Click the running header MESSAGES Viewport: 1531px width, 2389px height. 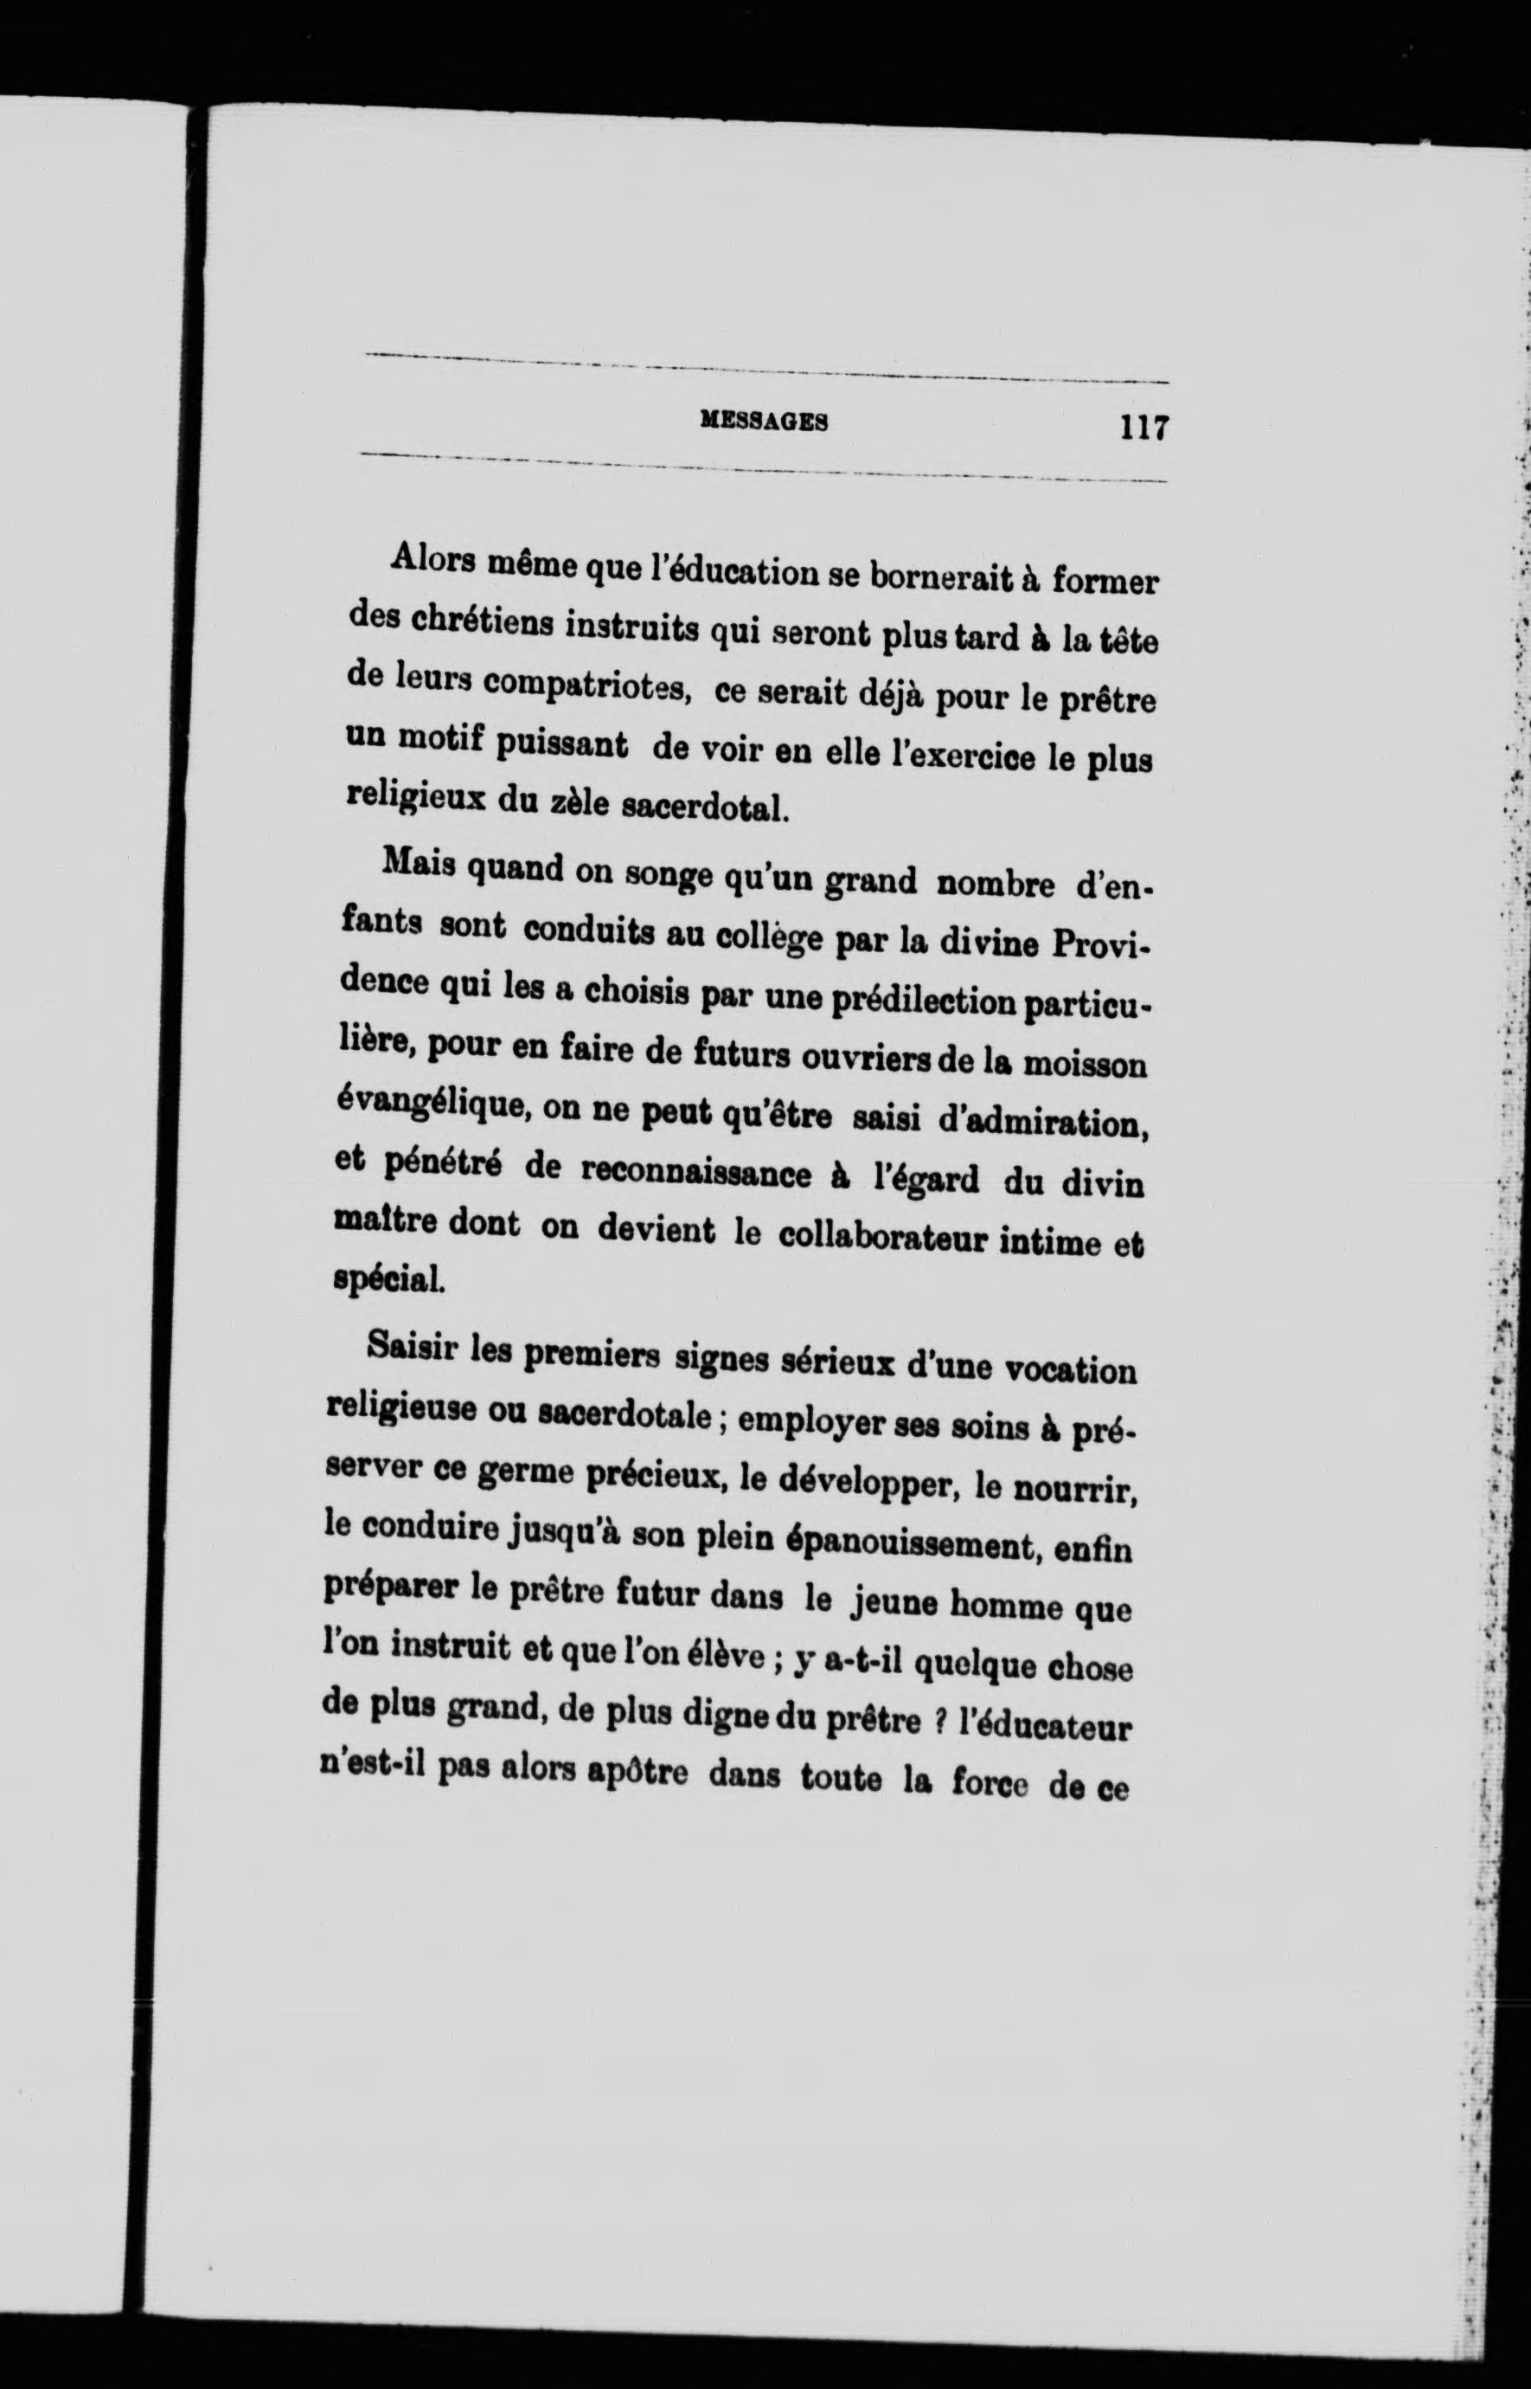click(765, 422)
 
